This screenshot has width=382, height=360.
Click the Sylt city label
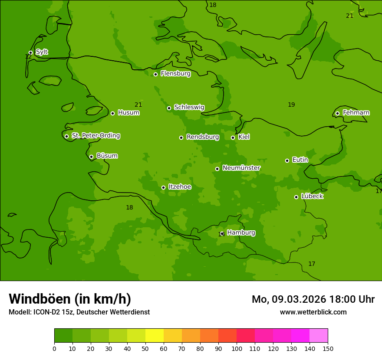[42, 52]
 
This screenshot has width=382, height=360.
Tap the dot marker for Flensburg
[155, 74]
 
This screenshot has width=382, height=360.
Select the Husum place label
[128, 113]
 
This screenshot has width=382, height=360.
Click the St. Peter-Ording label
[95, 136]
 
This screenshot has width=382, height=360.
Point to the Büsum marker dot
[91, 157]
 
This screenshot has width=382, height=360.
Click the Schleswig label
[189, 107]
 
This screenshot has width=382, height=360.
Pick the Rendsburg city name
[203, 137]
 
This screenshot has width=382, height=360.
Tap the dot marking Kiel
[233, 137]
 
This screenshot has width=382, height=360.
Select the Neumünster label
[241, 168]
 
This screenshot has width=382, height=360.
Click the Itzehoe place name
[180, 187]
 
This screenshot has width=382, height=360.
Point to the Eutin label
[300, 160]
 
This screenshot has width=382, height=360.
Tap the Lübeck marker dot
[296, 197]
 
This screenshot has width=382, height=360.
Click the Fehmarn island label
[356, 113]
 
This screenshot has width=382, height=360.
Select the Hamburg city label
[241, 233]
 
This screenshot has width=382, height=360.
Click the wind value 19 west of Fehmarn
[291, 105]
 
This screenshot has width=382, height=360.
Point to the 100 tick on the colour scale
[237, 348]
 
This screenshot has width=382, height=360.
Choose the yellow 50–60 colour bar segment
[155, 336]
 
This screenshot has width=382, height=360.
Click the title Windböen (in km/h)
[70, 299]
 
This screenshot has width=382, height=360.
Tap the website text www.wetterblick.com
[313, 312]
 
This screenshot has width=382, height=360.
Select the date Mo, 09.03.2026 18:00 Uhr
[313, 299]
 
